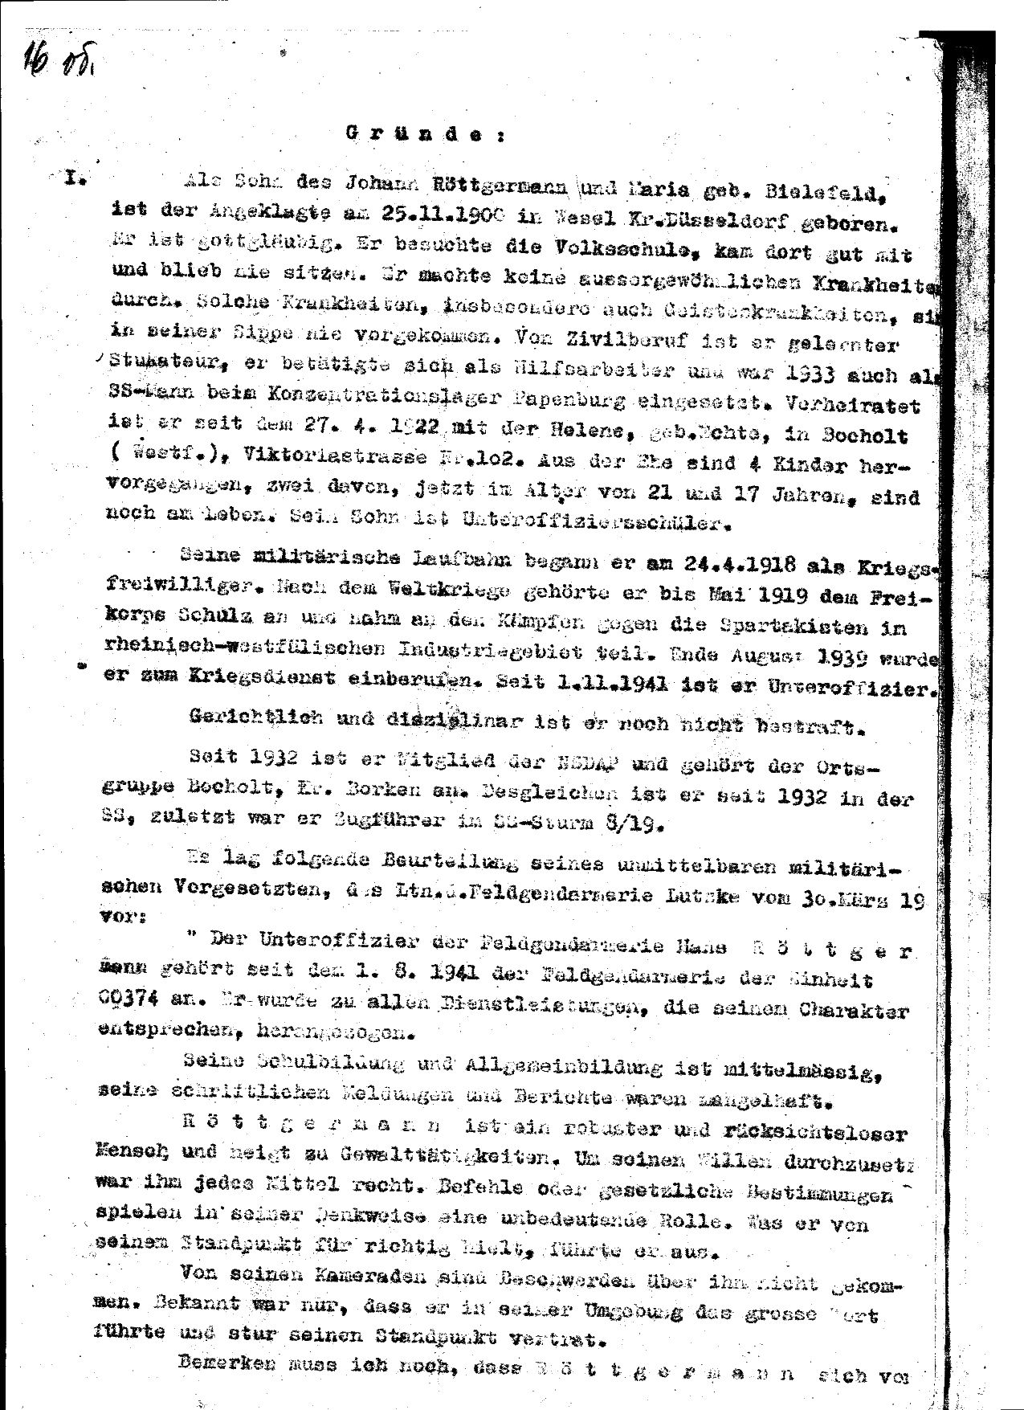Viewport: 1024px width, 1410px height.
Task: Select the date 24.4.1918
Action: click(720, 566)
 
